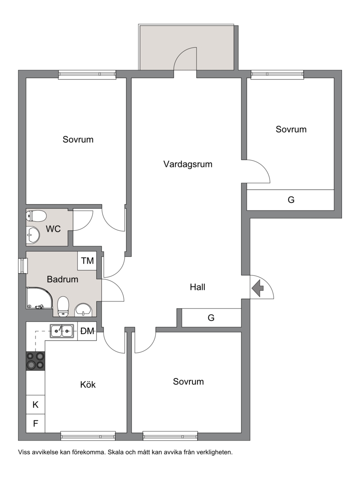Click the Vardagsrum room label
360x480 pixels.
tap(188, 164)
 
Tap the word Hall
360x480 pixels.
tap(198, 287)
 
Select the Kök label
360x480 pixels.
tap(88, 385)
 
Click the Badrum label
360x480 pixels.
tap(63, 279)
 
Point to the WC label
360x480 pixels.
tap(53, 229)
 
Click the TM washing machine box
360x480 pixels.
tap(87, 261)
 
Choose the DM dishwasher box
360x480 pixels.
tap(87, 331)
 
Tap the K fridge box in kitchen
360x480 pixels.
tap(36, 405)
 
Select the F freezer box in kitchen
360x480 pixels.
tap(36, 423)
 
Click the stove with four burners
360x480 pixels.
tap(36, 361)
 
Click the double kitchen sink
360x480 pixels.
tap(62, 331)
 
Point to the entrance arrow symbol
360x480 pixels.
tap(258, 288)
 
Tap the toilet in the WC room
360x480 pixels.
tap(36, 216)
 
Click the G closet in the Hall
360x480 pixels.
tap(211, 318)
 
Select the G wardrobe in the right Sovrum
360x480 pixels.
tap(290, 200)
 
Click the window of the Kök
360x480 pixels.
tap(88, 436)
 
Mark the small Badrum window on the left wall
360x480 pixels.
tap(22, 265)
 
